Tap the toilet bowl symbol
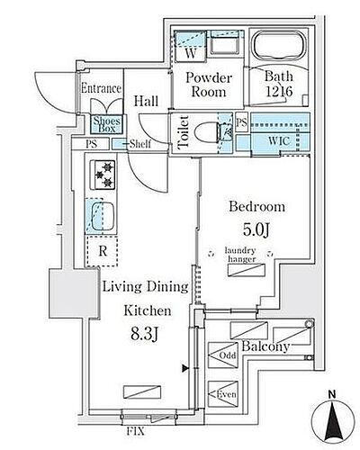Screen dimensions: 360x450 click(208, 132)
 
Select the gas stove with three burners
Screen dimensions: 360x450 click(104, 175)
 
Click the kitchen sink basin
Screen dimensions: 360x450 click(103, 216)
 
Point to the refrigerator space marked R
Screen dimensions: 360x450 click(102, 251)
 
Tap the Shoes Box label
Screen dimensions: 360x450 click(107, 124)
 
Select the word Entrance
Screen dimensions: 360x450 click(101, 88)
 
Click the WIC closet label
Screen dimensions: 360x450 click(279, 141)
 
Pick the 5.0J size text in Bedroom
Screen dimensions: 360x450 click(256, 229)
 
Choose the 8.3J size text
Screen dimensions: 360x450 click(144, 334)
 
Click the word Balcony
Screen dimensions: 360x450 click(265, 346)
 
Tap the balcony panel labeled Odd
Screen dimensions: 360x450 click(223, 355)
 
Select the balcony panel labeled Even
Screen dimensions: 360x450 click(223, 394)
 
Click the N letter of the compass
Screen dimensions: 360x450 click(332, 395)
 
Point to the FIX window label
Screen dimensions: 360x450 click(135, 431)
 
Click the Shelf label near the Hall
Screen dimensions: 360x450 click(140, 144)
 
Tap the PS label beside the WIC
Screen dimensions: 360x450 click(242, 122)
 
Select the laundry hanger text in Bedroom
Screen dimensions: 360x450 click(240, 255)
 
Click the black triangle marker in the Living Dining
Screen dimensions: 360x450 click(185, 368)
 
